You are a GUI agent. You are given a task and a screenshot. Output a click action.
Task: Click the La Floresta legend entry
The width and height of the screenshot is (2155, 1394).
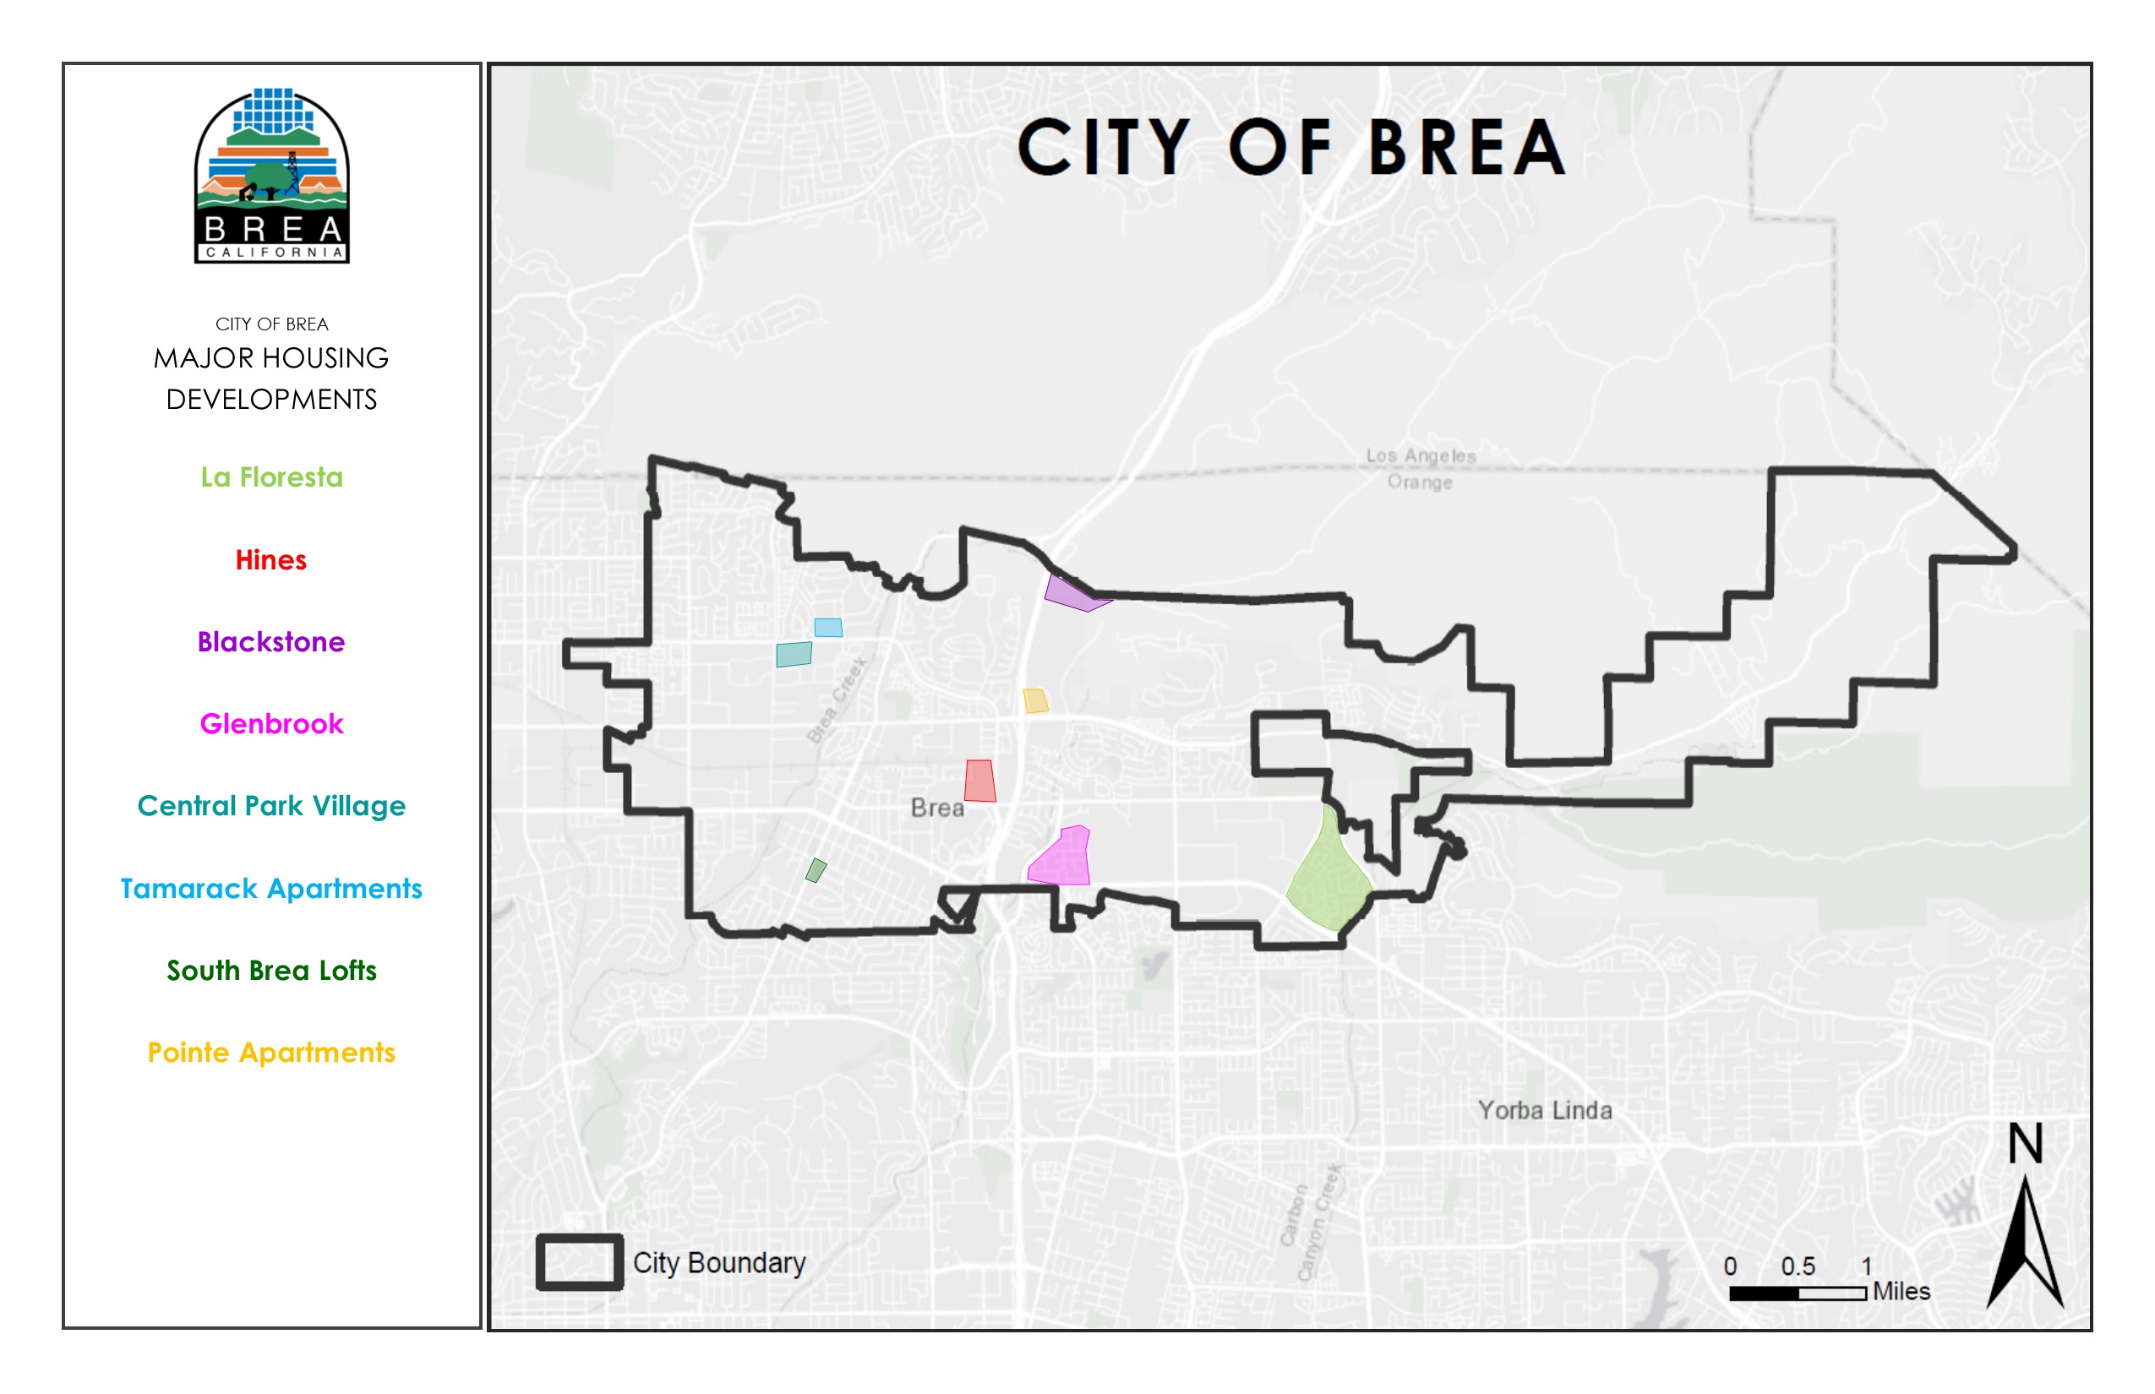pyautogui.click(x=271, y=477)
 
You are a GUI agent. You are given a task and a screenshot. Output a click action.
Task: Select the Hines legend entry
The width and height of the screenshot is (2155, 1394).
pyautogui.click(x=270, y=559)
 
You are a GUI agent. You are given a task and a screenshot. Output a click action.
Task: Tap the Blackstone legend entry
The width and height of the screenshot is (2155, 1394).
pyautogui.click(x=270, y=642)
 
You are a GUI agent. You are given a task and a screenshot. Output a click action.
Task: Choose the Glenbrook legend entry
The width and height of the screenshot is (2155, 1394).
pyautogui.click(x=271, y=724)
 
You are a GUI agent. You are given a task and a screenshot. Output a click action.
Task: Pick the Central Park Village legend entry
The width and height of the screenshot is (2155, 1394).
pyautogui.click(x=271, y=806)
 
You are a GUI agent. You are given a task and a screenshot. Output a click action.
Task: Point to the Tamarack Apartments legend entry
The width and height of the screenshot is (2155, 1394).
pyautogui.click(x=271, y=888)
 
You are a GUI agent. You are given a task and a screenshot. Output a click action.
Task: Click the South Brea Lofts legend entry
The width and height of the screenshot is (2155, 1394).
pyautogui.click(x=271, y=971)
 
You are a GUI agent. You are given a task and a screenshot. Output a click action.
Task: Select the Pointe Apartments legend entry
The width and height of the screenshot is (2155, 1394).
pyautogui.click(x=271, y=1053)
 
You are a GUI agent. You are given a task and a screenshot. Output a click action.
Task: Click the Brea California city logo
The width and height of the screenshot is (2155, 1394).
pyautogui.click(x=271, y=176)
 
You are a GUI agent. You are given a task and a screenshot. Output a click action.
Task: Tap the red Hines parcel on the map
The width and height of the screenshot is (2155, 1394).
pyautogui.click(x=979, y=781)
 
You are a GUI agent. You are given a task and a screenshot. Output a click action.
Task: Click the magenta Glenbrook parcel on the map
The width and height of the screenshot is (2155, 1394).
pyautogui.click(x=1064, y=859)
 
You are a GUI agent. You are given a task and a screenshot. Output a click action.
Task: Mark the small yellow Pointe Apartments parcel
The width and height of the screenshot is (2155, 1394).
pyautogui.click(x=1036, y=700)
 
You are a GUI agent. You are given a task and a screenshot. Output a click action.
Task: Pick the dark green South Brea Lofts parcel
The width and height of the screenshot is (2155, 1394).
pyautogui.click(x=816, y=870)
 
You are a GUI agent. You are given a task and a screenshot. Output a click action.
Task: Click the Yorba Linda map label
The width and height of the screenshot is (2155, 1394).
pyautogui.click(x=1545, y=1110)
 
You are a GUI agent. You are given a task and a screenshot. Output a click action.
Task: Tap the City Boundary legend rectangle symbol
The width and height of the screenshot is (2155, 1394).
pyautogui.click(x=580, y=1262)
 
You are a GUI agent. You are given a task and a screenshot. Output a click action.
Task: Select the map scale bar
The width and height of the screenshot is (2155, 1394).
pyautogui.click(x=1798, y=1293)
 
